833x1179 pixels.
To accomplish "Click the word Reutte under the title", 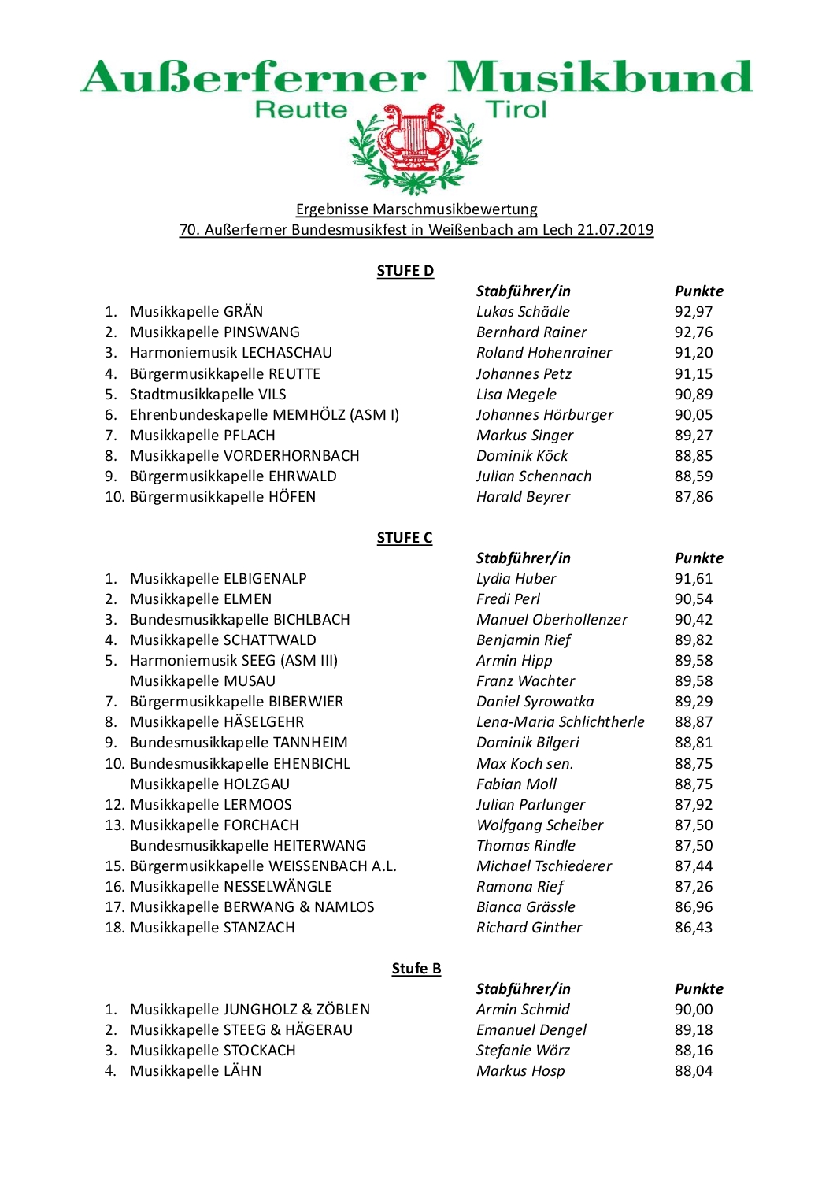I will [301, 109].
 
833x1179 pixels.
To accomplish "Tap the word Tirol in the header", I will [516, 109].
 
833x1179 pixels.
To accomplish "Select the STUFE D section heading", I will [405, 271].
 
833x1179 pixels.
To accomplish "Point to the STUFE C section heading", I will [404, 538].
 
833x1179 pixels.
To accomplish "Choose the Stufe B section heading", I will [416, 969].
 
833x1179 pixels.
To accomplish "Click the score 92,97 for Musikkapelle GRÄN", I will [693, 312].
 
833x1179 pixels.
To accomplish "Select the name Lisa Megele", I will [516, 395].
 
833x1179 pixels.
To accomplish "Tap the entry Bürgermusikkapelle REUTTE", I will [224, 374].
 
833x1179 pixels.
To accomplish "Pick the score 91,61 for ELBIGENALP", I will [693, 579].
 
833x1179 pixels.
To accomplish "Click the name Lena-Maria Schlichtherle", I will [560, 722].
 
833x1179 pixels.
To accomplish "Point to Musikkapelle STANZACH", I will [212, 928].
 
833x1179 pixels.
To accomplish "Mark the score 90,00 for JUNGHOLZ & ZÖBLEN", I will [693, 1010].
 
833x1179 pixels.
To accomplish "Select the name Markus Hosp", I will [520, 1071].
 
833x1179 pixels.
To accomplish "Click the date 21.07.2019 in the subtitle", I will [615, 230].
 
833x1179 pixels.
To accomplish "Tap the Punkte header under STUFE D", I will [698, 291].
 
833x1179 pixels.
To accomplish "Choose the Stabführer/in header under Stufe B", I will [523, 989].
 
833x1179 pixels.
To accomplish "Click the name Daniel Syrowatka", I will [535, 702].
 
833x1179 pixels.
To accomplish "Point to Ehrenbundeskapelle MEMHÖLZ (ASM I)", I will [264, 415].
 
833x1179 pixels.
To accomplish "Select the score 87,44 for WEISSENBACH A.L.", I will [693, 866].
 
